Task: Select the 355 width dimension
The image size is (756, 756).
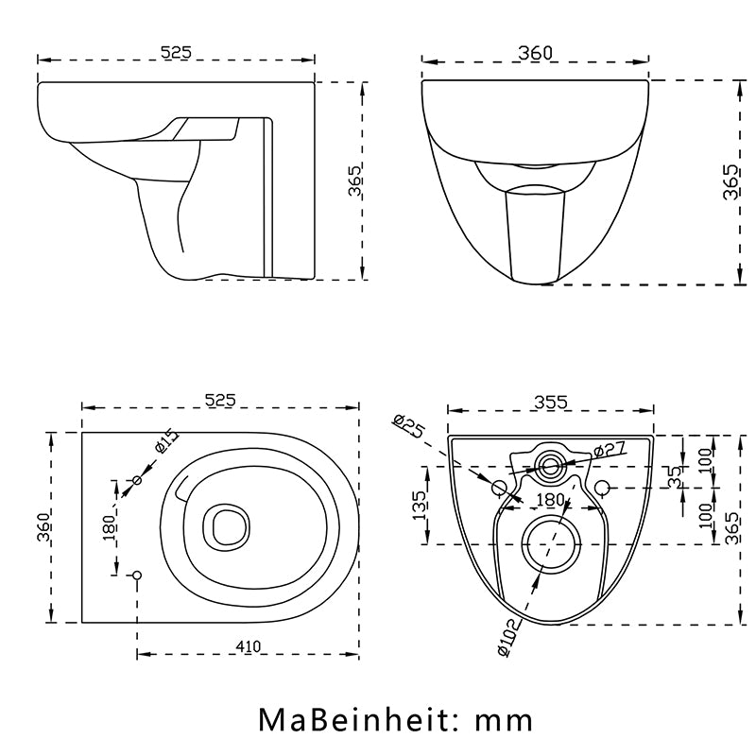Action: tap(550, 402)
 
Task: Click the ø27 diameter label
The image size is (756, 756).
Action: tap(610, 452)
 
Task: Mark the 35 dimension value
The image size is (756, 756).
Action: tap(674, 476)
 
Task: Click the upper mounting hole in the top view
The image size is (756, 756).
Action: tap(137, 481)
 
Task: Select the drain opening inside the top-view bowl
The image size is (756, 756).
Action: tap(226, 525)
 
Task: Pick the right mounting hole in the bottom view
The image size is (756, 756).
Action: tap(602, 487)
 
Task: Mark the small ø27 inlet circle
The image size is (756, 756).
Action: tap(549, 463)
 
